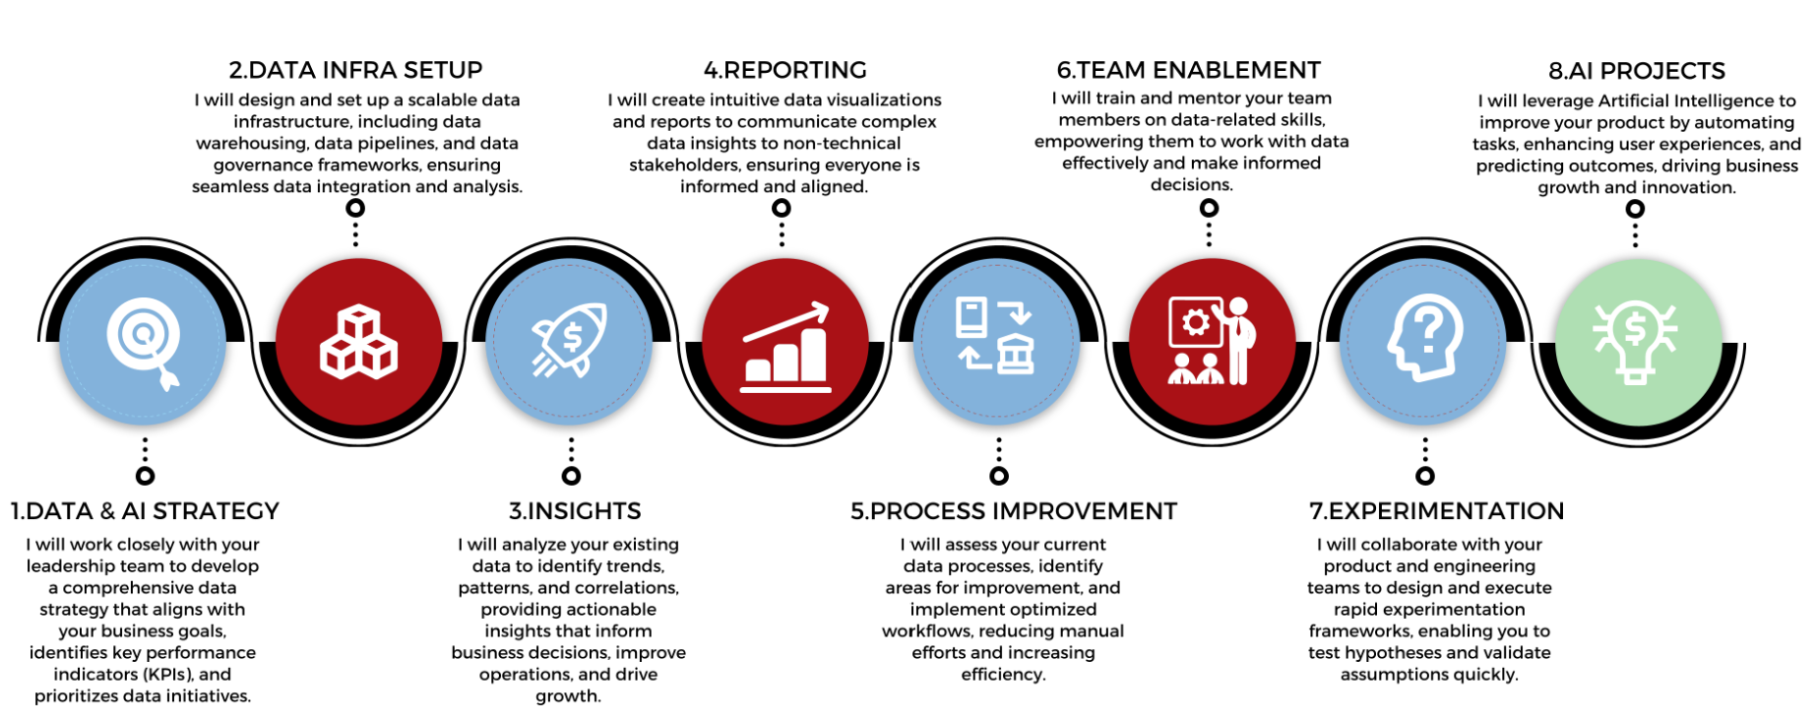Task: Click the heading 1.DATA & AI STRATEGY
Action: click(x=145, y=511)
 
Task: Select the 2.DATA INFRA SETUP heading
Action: click(x=355, y=70)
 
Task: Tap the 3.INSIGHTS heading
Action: click(x=575, y=511)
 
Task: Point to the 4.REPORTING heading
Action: click(x=784, y=70)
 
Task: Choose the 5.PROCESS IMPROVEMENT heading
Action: click(x=1014, y=511)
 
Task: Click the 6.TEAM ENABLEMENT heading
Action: click(x=1189, y=70)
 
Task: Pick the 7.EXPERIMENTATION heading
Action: click(x=1436, y=511)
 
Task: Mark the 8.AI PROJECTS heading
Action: click(x=1637, y=71)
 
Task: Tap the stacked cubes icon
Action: click(x=358, y=342)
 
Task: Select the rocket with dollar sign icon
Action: click(x=570, y=340)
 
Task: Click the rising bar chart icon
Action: click(x=785, y=348)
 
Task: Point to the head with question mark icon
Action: click(x=1425, y=339)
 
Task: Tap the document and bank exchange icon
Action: click(x=996, y=336)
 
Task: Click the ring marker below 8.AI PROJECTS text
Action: click(x=1635, y=209)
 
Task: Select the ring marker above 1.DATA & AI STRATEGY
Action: click(x=145, y=476)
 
